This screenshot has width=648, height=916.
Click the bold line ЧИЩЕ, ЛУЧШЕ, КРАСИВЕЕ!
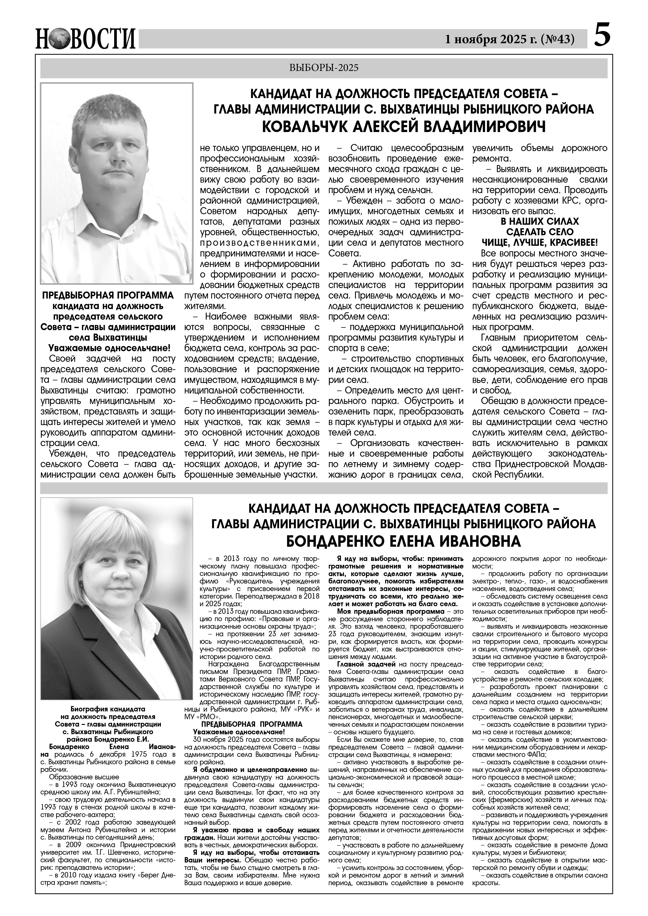point(539,243)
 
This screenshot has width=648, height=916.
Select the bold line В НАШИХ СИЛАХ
point(539,221)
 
